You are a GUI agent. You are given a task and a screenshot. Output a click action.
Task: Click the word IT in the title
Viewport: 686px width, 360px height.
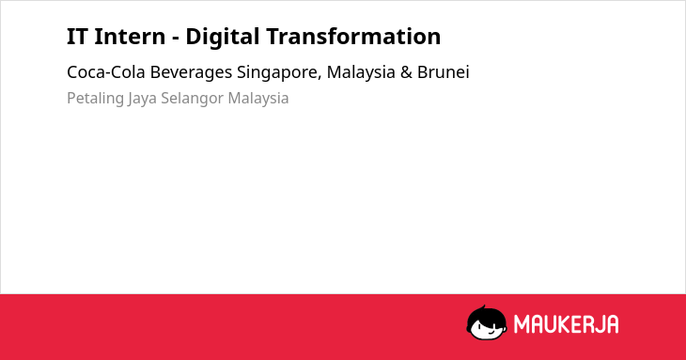[76, 37]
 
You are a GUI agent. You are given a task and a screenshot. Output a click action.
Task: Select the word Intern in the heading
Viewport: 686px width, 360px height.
[130, 37]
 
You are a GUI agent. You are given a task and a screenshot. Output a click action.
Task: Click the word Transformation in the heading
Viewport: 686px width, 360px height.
[353, 37]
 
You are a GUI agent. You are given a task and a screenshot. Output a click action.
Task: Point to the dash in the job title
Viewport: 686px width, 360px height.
[176, 39]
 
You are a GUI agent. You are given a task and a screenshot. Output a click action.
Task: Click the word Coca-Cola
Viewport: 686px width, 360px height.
[106, 72]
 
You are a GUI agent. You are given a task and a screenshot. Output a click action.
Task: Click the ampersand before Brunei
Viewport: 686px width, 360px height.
[406, 72]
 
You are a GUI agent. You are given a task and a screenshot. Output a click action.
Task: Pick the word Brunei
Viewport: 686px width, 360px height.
[444, 72]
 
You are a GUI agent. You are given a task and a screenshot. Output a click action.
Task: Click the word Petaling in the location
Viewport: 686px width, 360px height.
[95, 99]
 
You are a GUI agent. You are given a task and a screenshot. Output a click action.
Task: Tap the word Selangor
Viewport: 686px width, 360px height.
[192, 99]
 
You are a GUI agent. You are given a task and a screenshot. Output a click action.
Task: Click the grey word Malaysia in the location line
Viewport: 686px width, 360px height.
[258, 99]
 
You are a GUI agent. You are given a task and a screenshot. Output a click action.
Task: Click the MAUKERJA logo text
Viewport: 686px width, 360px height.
[566, 324]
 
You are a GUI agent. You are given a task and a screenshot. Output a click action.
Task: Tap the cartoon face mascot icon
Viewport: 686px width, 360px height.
[487, 323]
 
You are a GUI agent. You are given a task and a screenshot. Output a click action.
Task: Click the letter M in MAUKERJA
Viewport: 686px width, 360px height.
[522, 324]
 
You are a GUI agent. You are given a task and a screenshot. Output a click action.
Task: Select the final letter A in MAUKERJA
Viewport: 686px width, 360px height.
[612, 324]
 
